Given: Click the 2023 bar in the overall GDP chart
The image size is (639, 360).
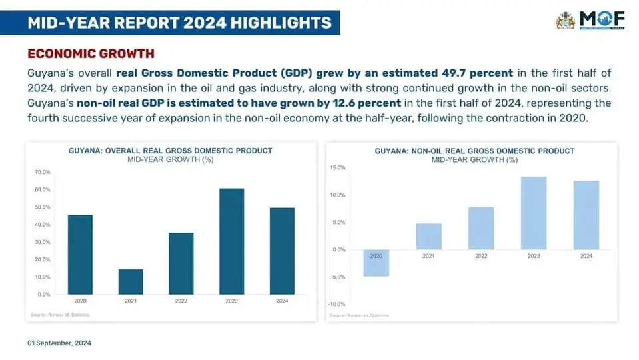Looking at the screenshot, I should pos(231,241).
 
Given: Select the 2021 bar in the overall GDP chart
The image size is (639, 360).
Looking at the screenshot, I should pos(131,281).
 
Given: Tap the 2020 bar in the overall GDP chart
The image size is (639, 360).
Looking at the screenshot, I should pos(81,254).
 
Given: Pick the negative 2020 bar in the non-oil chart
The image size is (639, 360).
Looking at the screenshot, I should pos(376,263).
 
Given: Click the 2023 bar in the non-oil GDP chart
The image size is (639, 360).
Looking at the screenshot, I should pos(534,213).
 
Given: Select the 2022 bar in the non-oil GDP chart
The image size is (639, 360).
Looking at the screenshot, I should pos(481,228).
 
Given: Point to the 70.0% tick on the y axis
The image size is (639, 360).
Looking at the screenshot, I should pos(42,172).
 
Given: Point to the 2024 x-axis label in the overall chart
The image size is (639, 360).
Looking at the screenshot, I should pos(282,301).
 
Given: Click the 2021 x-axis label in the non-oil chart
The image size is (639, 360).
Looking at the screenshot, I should pos(428,255).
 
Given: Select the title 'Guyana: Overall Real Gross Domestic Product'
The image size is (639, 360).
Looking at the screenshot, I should pos(171,151).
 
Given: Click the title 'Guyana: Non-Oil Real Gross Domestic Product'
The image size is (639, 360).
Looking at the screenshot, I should pos(474,151).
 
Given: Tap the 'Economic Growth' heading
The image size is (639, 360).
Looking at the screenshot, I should pos(91,53).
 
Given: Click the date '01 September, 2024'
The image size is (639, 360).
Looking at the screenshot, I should pos(59,343).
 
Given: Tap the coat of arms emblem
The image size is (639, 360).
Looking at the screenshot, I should pos(565,20).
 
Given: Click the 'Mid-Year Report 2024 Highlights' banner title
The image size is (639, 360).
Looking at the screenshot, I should pos(179,23).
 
